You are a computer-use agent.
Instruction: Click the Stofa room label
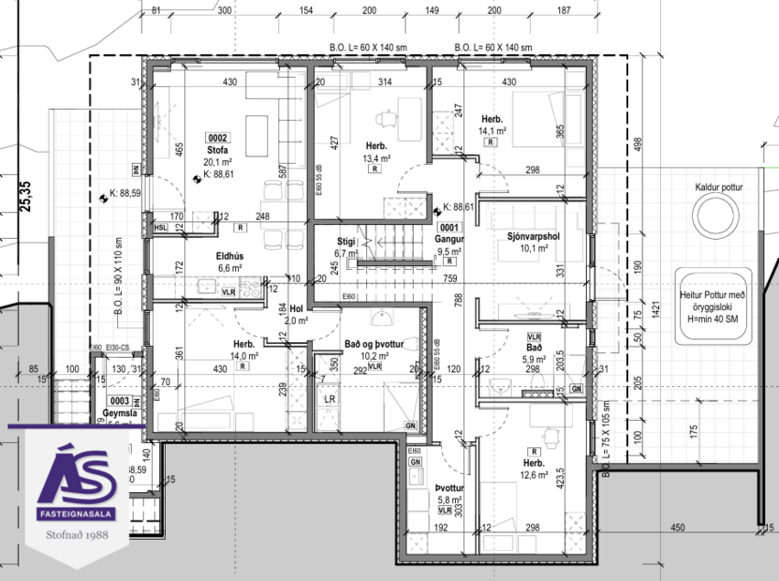(217, 150)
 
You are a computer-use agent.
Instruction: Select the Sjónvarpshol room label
(533, 236)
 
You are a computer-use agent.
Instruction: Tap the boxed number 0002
(217, 138)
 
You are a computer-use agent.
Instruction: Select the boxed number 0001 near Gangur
(449, 227)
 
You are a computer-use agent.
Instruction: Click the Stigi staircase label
(346, 242)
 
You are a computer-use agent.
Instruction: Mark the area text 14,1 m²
(493, 132)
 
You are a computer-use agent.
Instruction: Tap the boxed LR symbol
(329, 398)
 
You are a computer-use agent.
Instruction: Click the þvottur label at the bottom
(449, 489)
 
